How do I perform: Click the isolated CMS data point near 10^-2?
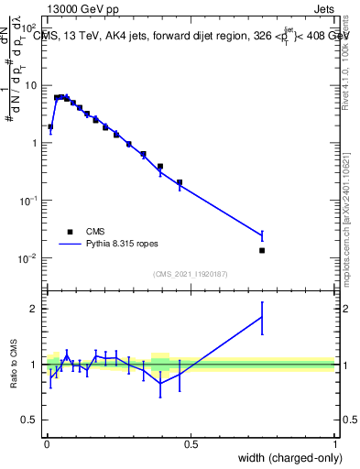click(262, 250)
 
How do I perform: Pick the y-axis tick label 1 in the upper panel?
click(35, 143)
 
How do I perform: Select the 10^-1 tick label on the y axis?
click(29, 201)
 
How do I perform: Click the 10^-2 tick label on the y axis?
click(29, 258)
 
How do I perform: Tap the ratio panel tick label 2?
click(35, 309)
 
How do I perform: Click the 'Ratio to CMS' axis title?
click(13, 364)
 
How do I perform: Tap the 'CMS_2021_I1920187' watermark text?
click(191, 274)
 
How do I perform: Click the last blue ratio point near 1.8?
click(262, 317)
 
